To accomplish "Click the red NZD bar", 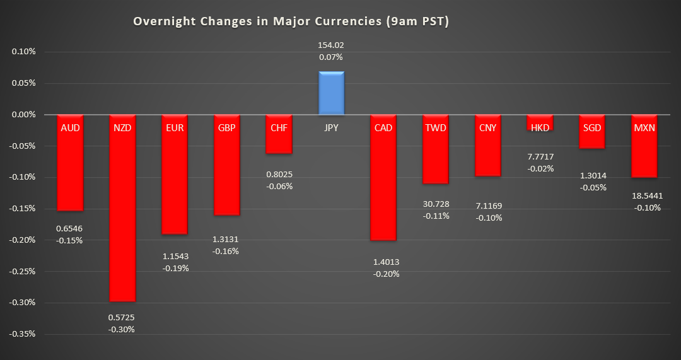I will pyautogui.click(x=123, y=214).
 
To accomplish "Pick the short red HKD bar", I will pyautogui.click(x=540, y=123).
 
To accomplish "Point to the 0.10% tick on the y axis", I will pyautogui.click(x=24, y=52).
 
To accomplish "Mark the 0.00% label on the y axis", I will pyautogui.click(x=24, y=115).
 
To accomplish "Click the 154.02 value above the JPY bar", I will pyautogui.click(x=331, y=45).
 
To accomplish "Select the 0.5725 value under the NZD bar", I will pyautogui.click(x=122, y=317).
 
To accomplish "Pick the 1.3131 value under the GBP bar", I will pyautogui.click(x=226, y=239).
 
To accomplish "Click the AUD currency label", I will pyautogui.click(x=70, y=127).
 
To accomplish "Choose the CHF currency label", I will pyautogui.click(x=279, y=127).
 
